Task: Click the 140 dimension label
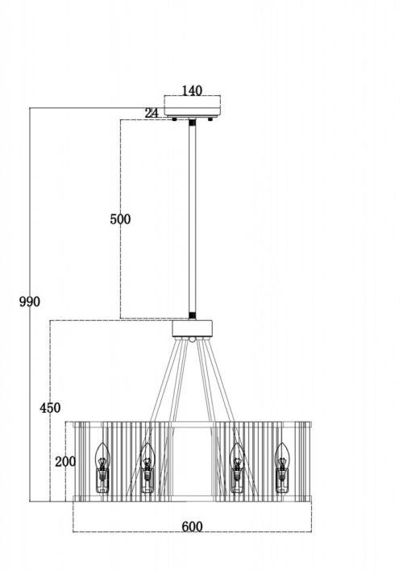coord(192,90)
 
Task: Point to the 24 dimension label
coord(152,113)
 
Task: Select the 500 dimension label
coord(120,219)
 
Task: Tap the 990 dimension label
coord(30,302)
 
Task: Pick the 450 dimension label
coord(50,407)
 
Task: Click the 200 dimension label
coord(65,462)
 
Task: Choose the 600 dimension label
coord(192,527)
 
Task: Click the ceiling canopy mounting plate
coord(192,106)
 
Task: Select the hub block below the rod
coord(192,328)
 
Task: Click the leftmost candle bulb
coord(102,468)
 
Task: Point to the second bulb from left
coord(147,468)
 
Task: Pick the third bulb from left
coord(237,468)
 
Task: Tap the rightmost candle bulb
coord(282,468)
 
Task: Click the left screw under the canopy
coord(175,119)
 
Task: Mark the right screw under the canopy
coord(210,119)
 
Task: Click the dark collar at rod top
coord(192,123)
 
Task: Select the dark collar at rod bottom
coord(192,315)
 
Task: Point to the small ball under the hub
coord(192,340)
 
